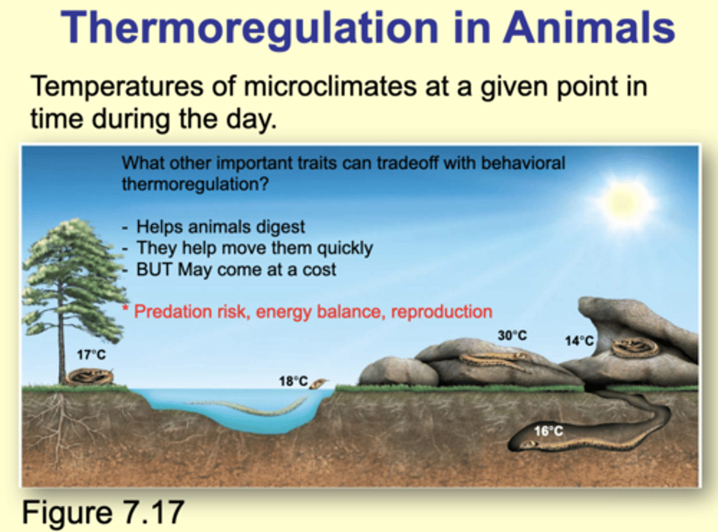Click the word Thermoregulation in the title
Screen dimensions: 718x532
tap(249, 29)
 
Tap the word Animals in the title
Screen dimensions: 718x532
tap(589, 27)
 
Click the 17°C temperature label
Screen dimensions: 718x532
tap(91, 355)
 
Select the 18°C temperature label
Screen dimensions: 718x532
tap(293, 381)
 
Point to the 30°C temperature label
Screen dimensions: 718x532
tap(513, 335)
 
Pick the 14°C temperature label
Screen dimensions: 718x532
tap(579, 341)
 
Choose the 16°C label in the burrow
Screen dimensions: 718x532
tap(548, 431)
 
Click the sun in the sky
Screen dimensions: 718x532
tap(622, 202)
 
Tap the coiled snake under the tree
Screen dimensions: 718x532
tap(89, 376)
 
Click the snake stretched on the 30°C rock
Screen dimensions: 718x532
tap(495, 360)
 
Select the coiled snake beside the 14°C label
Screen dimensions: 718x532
tap(635, 348)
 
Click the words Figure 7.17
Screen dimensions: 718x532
tap(103, 512)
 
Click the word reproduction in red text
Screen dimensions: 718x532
tap(442, 312)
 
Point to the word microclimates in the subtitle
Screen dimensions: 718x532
tap(330, 86)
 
